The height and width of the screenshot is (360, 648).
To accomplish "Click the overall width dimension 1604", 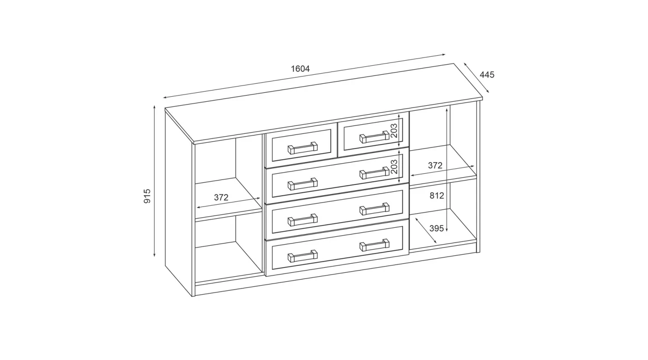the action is point(300,69).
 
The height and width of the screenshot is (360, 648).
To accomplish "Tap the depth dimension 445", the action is point(487,75).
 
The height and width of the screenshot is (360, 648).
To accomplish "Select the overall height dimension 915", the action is point(147,196).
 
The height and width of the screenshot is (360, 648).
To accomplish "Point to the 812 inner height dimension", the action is point(437,196).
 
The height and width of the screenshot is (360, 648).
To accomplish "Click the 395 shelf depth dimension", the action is point(436,229).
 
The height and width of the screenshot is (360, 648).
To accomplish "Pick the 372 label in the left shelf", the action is point(221,198).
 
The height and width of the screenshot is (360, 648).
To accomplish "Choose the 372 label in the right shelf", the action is point(435,166).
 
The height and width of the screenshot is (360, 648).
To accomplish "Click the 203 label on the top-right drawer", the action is point(394,130).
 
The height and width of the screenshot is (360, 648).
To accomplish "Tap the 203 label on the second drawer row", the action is point(394,166).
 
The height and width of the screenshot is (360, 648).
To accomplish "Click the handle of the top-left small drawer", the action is point(302,148).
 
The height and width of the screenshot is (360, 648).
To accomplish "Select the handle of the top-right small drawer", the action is point(374,137).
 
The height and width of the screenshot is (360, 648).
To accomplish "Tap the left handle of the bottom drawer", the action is point(302,256).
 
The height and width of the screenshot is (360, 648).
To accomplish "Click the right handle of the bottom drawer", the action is point(374,245).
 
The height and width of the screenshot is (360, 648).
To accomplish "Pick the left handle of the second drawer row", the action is point(302,184).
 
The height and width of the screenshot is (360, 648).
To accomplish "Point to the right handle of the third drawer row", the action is point(374,209).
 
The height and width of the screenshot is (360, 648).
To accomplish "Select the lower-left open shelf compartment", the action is point(229,248).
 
